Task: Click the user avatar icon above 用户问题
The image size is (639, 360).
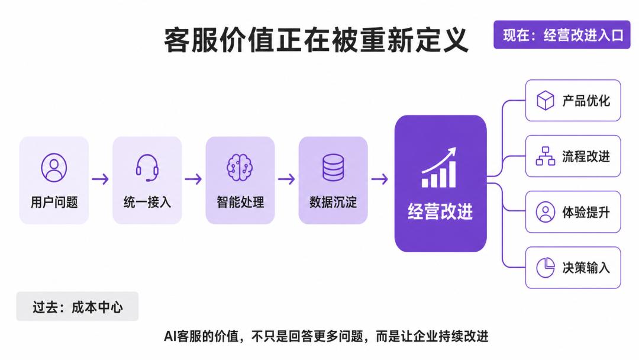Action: (x=54, y=168)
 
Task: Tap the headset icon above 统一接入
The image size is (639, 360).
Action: (x=147, y=168)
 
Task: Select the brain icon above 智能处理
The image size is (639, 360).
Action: (x=240, y=168)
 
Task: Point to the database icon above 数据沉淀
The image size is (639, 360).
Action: (x=333, y=168)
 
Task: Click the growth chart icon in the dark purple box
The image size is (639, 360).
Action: (x=439, y=168)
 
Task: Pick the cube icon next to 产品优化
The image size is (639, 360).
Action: (x=546, y=100)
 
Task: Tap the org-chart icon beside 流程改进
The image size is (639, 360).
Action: (x=546, y=156)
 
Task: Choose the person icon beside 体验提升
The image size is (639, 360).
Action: (x=546, y=212)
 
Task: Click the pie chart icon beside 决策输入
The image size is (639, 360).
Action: (x=546, y=268)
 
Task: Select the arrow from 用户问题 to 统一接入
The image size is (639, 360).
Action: (x=100, y=179)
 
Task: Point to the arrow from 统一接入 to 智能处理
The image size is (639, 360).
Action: (x=193, y=179)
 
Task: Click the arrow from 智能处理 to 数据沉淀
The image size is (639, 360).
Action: (x=286, y=179)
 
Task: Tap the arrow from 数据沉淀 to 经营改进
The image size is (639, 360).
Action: (x=380, y=179)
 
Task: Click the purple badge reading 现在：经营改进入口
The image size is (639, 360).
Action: (x=562, y=35)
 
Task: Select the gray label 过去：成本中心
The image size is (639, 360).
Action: (x=78, y=307)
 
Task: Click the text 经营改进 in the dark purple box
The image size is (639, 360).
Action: (x=440, y=211)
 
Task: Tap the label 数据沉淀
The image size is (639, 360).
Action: (x=333, y=202)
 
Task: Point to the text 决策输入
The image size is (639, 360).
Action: (x=586, y=268)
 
